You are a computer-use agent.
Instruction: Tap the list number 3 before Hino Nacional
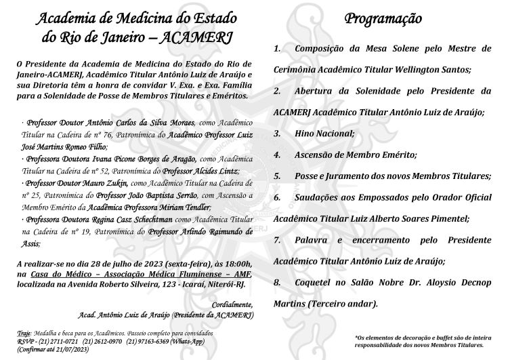(277, 134)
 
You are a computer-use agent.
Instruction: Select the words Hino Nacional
(324, 134)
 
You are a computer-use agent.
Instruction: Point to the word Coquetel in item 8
(315, 282)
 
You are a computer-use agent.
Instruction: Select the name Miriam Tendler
(184, 207)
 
